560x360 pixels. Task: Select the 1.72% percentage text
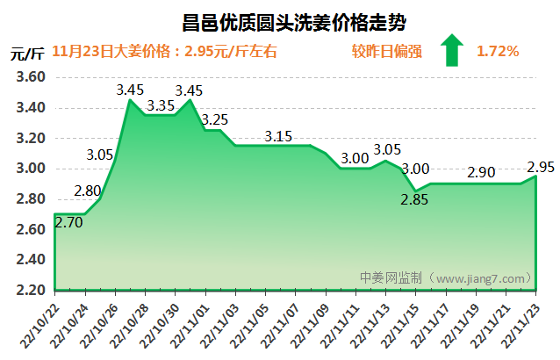(x=498, y=52)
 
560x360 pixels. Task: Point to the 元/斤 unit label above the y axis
(x=27, y=52)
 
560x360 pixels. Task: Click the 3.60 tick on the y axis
(x=31, y=77)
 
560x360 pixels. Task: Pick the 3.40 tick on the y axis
(x=31, y=108)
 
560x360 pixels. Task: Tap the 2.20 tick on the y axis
(x=31, y=290)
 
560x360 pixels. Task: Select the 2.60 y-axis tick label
(x=31, y=229)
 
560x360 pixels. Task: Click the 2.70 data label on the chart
(x=69, y=223)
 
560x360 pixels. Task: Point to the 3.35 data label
(x=161, y=105)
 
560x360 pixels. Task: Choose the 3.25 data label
(x=215, y=119)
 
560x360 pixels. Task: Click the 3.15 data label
(x=278, y=136)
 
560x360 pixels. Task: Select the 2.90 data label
(x=482, y=173)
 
